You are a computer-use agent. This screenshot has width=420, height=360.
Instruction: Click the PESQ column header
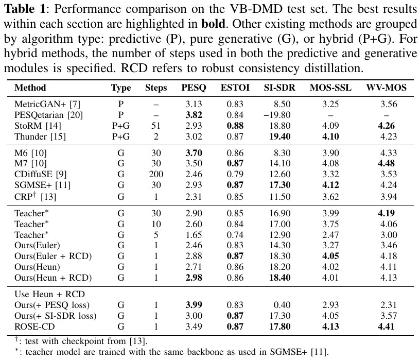pos(194,88)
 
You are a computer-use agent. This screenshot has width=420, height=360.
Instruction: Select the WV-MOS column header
pos(386,88)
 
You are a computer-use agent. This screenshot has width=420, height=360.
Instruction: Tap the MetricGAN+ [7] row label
pos(47,104)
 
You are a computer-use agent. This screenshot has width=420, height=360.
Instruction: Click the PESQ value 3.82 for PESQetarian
pos(194,115)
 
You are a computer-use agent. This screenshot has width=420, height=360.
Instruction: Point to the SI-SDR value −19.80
pos(277,115)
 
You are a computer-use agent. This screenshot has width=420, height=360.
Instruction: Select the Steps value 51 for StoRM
pos(155,126)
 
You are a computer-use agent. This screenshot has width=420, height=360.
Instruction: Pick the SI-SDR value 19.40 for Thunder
pos(279,136)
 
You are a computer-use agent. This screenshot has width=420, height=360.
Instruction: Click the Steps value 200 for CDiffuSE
pos(156,174)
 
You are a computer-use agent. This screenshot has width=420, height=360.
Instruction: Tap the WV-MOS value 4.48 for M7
pos(386,163)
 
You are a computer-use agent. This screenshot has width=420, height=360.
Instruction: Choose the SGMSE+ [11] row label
pos(42,185)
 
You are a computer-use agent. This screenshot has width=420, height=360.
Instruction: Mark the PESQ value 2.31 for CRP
pos(194,197)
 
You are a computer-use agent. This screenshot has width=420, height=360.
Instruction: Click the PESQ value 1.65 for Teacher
pos(194,235)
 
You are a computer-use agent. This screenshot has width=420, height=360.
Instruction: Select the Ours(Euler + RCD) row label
pos(53,256)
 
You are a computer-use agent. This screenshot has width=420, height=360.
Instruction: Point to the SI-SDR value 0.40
pos(282,305)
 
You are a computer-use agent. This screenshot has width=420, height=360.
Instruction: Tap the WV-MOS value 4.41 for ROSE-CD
pos(386,327)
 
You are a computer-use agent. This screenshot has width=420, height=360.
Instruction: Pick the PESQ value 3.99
pos(194,305)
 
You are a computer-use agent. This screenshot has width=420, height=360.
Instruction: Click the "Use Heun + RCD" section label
pos(49,294)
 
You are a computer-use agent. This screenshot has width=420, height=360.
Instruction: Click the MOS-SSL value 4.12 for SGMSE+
pos(330,185)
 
